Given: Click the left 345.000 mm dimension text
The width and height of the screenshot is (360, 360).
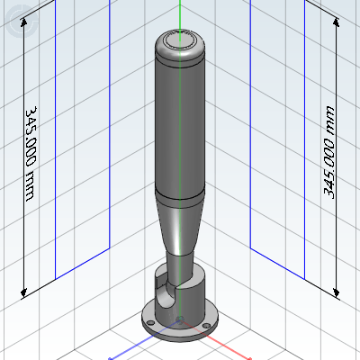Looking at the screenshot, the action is click(x=31, y=154).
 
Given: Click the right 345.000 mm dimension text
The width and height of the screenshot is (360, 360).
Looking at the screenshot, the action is click(x=328, y=152).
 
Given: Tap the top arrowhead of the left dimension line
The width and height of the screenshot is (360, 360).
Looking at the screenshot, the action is click(x=23, y=22).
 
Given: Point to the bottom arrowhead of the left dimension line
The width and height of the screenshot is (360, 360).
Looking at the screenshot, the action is click(x=23, y=292).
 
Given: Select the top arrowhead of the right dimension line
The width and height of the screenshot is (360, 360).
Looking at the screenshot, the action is click(x=337, y=22).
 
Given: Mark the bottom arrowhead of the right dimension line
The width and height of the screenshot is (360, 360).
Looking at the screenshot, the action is click(x=337, y=292).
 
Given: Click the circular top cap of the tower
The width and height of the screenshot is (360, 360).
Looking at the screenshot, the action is click(x=179, y=41).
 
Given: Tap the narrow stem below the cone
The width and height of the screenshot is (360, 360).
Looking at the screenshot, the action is click(x=179, y=268).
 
